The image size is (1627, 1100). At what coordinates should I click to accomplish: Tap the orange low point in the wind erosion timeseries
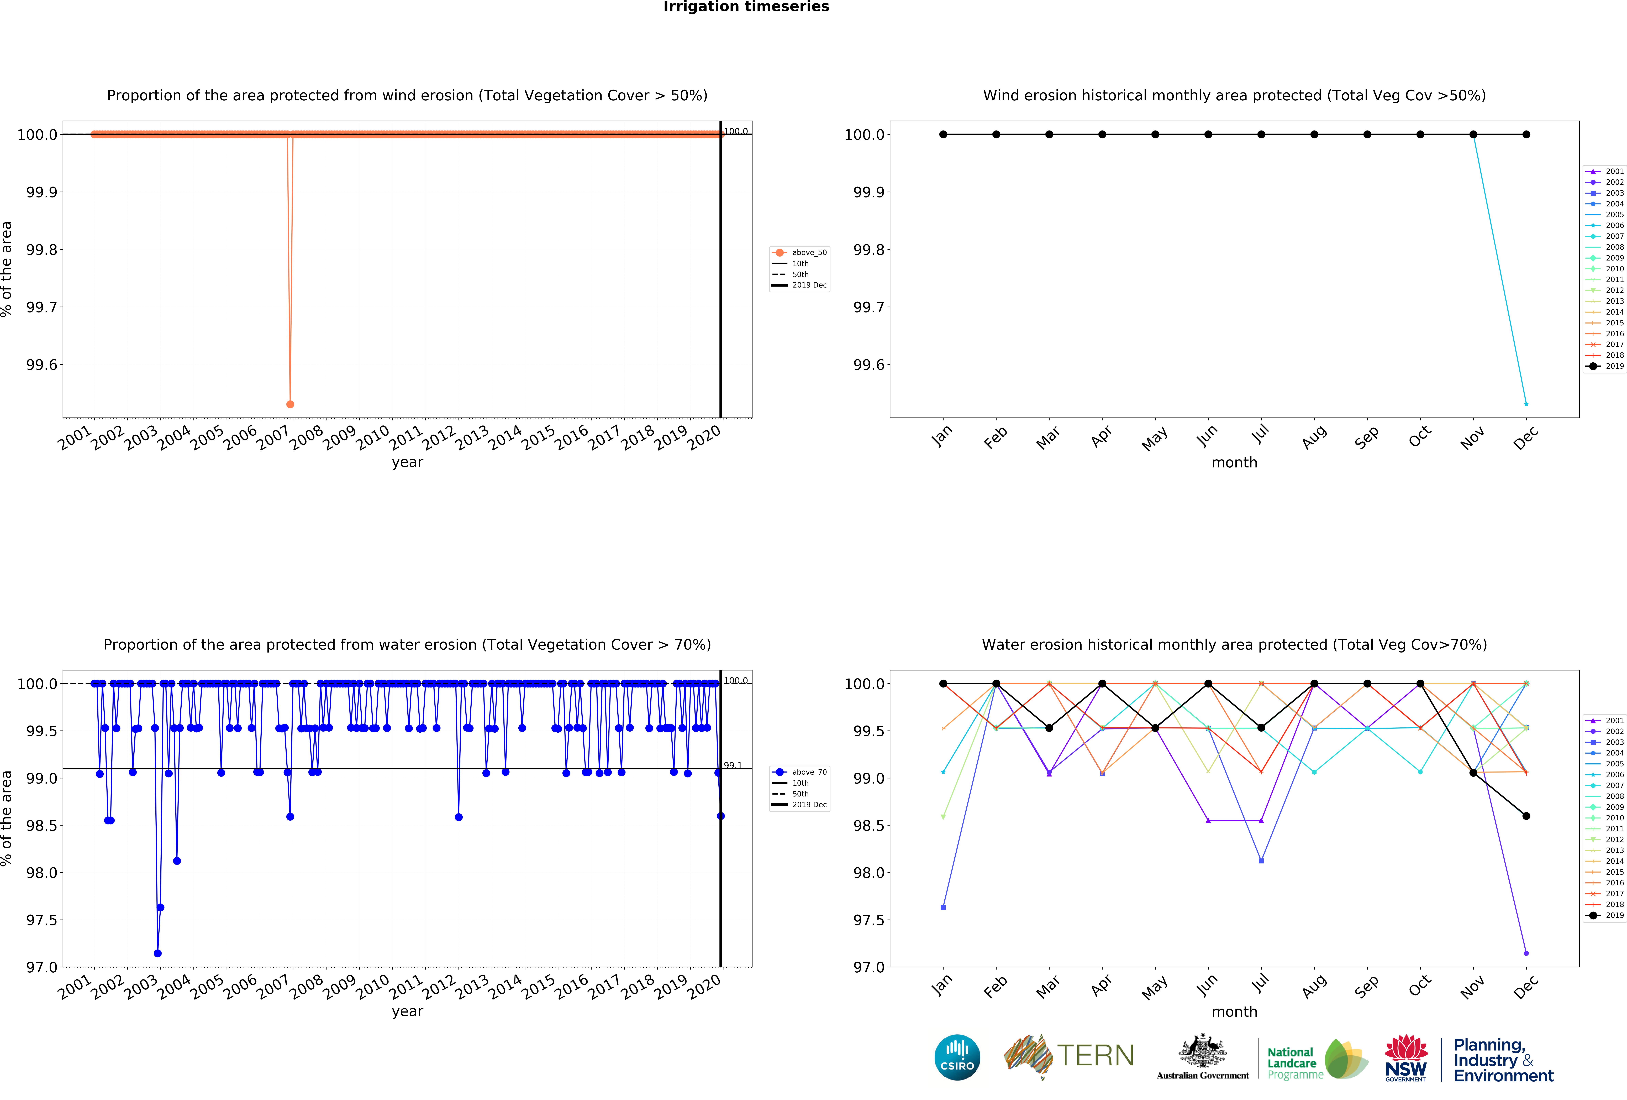(x=290, y=404)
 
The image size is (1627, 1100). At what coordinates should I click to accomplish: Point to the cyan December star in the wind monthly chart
(x=1526, y=404)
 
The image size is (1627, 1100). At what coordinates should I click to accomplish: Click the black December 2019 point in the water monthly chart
(x=1526, y=816)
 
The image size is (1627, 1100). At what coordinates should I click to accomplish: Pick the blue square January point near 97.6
(x=943, y=908)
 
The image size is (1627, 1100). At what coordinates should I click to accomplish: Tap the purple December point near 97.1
(x=1526, y=953)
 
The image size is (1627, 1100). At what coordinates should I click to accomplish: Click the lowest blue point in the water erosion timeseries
(x=157, y=953)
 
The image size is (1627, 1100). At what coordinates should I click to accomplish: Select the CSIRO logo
(x=957, y=1057)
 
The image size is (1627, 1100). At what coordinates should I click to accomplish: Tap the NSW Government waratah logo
(x=1406, y=1057)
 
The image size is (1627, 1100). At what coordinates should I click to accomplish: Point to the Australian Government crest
(x=1202, y=1050)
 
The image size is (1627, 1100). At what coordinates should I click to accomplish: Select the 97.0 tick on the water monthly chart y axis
(x=868, y=967)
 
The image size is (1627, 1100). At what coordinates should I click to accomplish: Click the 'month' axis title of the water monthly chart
(x=1234, y=1012)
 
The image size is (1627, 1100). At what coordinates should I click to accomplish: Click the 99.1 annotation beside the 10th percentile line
(x=732, y=765)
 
